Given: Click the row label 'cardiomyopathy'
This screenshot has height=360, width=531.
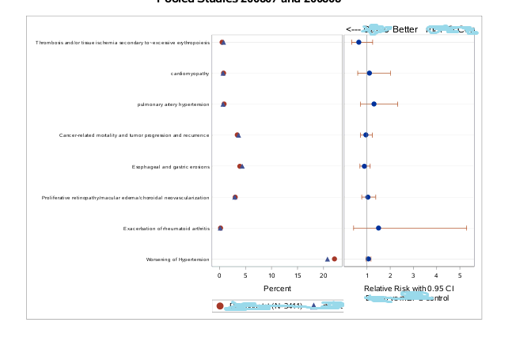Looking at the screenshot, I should click(190, 74).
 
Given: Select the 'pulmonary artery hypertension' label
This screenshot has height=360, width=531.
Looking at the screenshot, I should click(173, 104).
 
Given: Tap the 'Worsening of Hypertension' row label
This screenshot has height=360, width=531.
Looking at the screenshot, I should click(177, 260).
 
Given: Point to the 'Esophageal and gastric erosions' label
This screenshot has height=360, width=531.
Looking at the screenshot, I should click(170, 167).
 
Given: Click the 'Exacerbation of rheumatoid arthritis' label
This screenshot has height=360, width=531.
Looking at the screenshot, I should click(166, 229).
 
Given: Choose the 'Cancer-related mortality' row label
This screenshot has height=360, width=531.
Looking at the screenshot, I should click(134, 135).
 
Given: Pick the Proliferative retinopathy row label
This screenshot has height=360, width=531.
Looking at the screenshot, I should click(125, 198).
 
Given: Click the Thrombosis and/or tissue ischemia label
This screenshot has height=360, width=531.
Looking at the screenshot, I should click(123, 43).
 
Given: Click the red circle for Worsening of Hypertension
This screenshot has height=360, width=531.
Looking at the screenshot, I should click(334, 259).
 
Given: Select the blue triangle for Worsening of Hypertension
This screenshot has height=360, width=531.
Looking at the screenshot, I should click(327, 259).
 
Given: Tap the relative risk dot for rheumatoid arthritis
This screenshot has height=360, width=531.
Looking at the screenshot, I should click(378, 228).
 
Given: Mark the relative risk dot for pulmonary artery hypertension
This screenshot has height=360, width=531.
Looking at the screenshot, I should click(374, 104).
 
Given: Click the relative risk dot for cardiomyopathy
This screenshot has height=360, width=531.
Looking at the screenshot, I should click(369, 73).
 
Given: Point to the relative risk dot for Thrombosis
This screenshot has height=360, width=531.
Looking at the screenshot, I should click(358, 42).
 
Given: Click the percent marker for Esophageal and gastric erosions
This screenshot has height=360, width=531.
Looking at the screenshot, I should click(241, 166).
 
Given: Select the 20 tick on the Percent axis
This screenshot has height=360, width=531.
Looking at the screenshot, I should click(324, 275).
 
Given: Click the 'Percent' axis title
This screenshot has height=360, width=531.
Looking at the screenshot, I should click(277, 289).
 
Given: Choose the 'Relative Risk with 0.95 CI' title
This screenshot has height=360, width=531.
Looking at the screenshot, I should click(408, 289).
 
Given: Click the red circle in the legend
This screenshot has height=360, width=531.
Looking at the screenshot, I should click(220, 306).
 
